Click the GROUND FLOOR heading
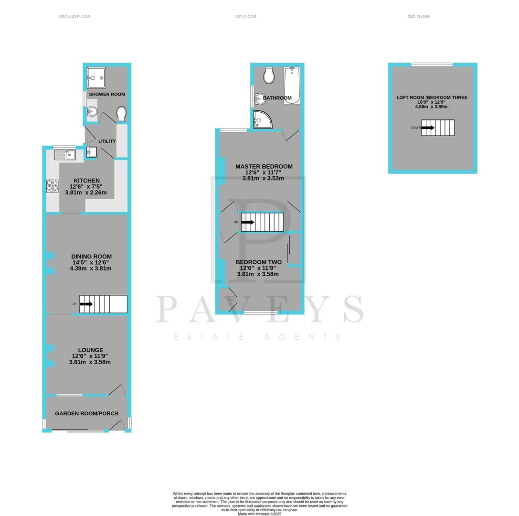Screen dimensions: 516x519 point(74,17)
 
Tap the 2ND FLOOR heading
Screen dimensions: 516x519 point(418,17)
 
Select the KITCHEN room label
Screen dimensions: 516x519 point(86,181)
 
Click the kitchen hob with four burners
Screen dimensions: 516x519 point(52,186)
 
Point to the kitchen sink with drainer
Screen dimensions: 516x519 point(64,154)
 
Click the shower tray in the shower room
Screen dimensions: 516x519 point(96,78)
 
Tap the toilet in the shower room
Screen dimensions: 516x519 point(121,114)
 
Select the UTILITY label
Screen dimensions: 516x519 point(107,141)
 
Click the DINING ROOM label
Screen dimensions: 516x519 point(91,257)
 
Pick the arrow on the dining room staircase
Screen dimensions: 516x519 point(86,304)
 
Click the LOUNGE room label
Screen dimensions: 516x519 point(91,350)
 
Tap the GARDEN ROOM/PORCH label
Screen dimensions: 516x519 point(86,413)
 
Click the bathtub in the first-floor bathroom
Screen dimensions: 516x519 point(292,86)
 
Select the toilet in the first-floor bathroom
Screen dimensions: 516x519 point(269,75)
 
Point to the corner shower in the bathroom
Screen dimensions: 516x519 point(262,120)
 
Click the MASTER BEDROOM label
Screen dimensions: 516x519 point(264,167)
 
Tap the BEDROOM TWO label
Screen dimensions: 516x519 point(258,262)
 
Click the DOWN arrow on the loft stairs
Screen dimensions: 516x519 point(428,128)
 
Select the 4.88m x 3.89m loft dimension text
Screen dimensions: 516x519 point(431,107)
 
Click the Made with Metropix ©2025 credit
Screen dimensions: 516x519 point(259,514)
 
